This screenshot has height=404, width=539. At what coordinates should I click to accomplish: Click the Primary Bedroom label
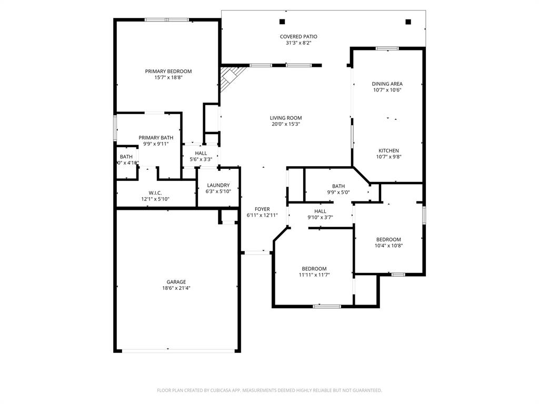(x=168, y=71)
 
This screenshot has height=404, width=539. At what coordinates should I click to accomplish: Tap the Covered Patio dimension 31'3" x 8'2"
(x=298, y=43)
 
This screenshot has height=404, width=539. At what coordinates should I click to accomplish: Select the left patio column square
(x=282, y=22)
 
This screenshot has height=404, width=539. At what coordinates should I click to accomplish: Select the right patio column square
(x=408, y=22)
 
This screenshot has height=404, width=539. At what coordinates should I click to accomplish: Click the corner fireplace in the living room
(x=229, y=77)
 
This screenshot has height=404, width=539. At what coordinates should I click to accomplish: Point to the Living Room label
(x=286, y=118)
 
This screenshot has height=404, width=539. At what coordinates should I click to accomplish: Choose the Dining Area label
(x=387, y=84)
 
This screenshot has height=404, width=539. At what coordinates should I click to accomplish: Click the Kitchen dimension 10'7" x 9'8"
(x=388, y=157)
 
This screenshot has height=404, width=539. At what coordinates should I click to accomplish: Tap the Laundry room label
(x=218, y=185)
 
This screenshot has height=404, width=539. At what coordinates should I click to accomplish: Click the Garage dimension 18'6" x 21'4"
(x=176, y=288)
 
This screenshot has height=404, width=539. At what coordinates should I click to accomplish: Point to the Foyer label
(x=262, y=209)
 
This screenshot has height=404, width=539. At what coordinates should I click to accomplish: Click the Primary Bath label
(x=156, y=137)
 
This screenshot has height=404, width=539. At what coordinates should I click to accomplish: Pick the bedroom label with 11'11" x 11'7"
(x=314, y=268)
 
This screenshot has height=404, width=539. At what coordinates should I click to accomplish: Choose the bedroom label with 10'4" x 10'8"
(x=388, y=239)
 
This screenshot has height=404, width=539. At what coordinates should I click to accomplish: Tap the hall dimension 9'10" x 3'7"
(x=320, y=217)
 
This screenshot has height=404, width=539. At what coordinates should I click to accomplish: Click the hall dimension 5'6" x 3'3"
(x=201, y=159)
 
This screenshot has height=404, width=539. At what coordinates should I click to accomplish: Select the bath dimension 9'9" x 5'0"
(x=338, y=193)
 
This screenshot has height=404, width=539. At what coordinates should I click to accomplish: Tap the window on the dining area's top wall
(x=387, y=48)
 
